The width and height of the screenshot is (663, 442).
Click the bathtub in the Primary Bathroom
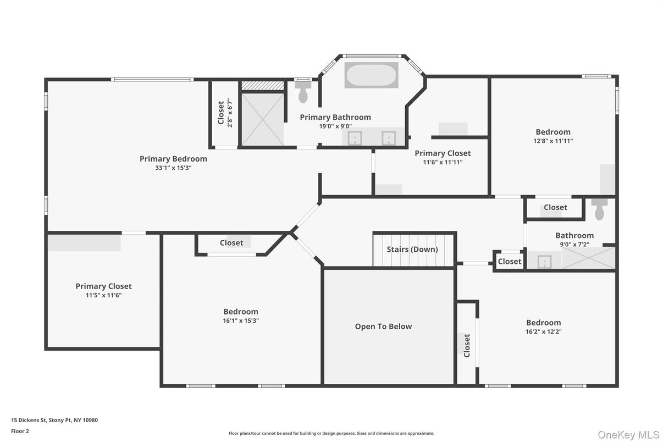371,75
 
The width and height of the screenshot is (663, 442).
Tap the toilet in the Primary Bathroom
303,95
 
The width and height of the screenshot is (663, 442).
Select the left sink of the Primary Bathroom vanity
355,137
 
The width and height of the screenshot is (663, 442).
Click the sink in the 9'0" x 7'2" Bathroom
544,261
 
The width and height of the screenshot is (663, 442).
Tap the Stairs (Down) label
412,249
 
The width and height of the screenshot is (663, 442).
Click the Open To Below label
383,327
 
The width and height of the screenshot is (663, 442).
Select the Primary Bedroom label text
173,159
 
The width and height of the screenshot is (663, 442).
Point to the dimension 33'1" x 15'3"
173,168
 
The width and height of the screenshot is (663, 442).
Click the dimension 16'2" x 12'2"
543,331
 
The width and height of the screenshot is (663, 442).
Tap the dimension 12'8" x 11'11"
553,141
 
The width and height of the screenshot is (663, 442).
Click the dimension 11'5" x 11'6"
103,295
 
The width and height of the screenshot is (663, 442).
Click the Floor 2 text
20,431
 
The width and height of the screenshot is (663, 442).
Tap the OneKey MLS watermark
628,434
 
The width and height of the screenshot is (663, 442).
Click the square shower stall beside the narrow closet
263,120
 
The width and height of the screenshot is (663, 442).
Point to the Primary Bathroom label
335,117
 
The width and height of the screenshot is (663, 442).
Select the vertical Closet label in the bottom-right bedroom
467,346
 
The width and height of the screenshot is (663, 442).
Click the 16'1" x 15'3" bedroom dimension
241,321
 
